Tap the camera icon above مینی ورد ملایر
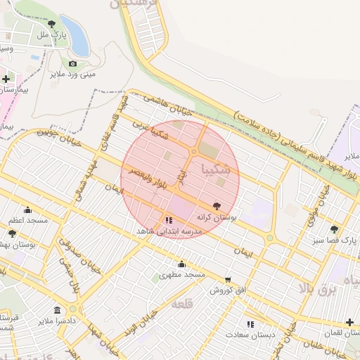[72, 63]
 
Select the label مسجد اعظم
[28, 220]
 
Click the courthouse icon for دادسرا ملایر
[56, 310]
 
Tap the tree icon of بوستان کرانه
[216, 205]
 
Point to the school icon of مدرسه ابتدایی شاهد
[168, 219]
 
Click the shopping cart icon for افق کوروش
[227, 279]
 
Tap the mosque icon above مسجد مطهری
[181, 264]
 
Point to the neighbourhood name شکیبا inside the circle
[214, 169]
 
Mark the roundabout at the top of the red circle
[193, 152]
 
